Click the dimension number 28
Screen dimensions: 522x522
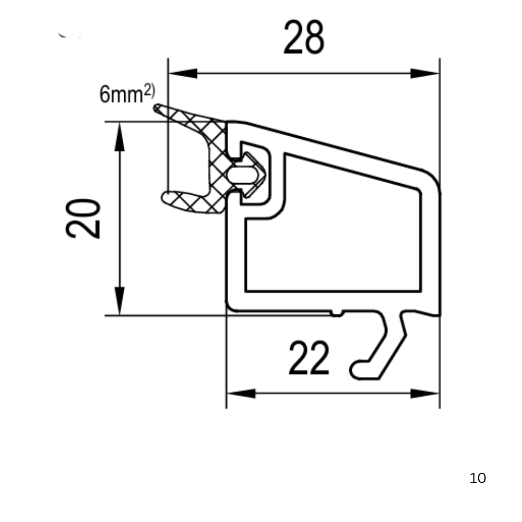click(x=304, y=37)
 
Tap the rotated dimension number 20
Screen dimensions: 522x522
click(x=83, y=218)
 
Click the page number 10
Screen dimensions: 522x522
click(x=478, y=478)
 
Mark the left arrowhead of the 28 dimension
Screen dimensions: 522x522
click(x=183, y=73)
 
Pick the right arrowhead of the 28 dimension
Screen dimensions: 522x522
click(x=425, y=73)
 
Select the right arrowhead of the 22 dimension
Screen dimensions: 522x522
click(x=425, y=394)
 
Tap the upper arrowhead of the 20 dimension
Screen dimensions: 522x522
click(x=119, y=136)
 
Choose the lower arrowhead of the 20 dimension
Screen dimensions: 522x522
click(x=119, y=301)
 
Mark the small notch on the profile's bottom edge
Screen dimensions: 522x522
click(x=337, y=313)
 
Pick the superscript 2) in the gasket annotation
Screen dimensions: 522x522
click(x=149, y=91)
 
